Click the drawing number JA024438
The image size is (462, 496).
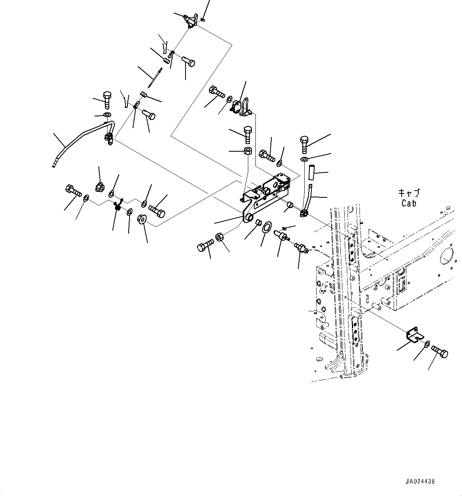(420, 481)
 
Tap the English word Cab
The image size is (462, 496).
(409, 203)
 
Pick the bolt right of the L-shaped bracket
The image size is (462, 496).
(439, 351)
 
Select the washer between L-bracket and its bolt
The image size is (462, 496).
(427, 344)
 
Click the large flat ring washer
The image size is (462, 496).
(267, 227)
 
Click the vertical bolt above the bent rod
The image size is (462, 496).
(107, 100)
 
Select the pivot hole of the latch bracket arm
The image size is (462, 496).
(249, 217)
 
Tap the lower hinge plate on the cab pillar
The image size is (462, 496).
(355, 329)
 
